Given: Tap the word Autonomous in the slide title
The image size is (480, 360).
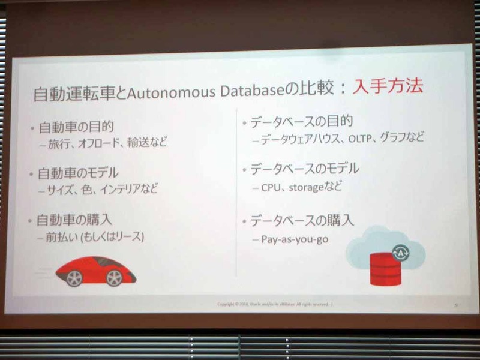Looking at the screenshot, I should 172,92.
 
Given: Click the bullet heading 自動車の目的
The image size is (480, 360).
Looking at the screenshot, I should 76,127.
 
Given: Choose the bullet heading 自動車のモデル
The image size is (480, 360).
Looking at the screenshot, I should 78,173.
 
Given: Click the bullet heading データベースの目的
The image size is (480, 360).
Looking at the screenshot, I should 296,122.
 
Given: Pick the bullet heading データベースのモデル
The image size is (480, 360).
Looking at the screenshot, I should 304,169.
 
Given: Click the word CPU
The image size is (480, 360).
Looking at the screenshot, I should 271,187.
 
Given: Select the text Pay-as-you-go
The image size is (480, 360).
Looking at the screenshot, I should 295,239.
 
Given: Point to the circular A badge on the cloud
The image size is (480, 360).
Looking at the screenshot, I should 398,253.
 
